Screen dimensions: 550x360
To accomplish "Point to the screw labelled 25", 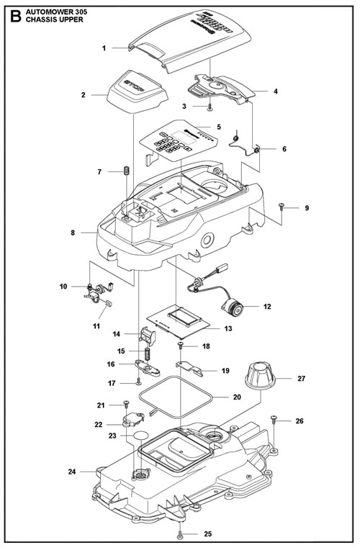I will pos(180,534).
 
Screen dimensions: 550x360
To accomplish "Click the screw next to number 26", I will pos(274,420).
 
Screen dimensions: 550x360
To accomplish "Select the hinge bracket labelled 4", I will pos(223,89).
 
